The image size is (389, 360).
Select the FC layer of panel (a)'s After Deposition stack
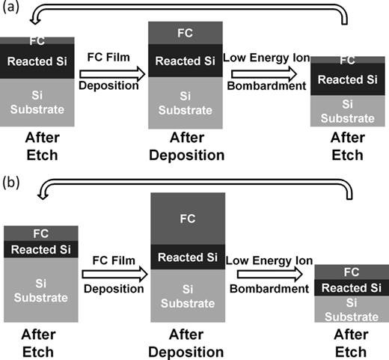(186, 33)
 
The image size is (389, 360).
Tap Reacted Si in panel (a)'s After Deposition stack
(186, 61)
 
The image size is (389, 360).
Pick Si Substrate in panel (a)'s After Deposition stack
(186, 103)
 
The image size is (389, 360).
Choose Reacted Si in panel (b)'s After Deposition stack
(186, 258)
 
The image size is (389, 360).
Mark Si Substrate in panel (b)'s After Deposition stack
(186, 294)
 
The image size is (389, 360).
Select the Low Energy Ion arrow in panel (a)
(269, 73)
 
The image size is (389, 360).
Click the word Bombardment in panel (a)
(269, 87)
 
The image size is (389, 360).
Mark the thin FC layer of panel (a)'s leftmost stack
(37, 40)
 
